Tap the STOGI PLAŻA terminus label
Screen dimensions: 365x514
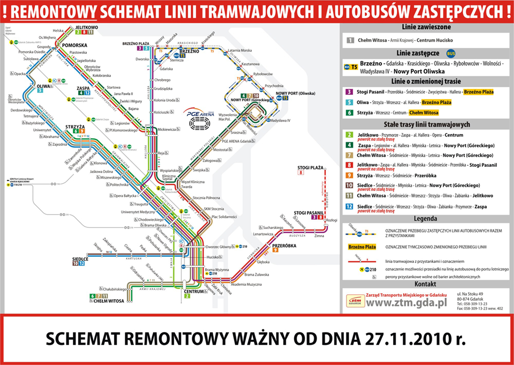pos(310,168)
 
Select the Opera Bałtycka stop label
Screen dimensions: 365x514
pos(126,196)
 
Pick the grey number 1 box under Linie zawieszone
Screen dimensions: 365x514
pos(350,40)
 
